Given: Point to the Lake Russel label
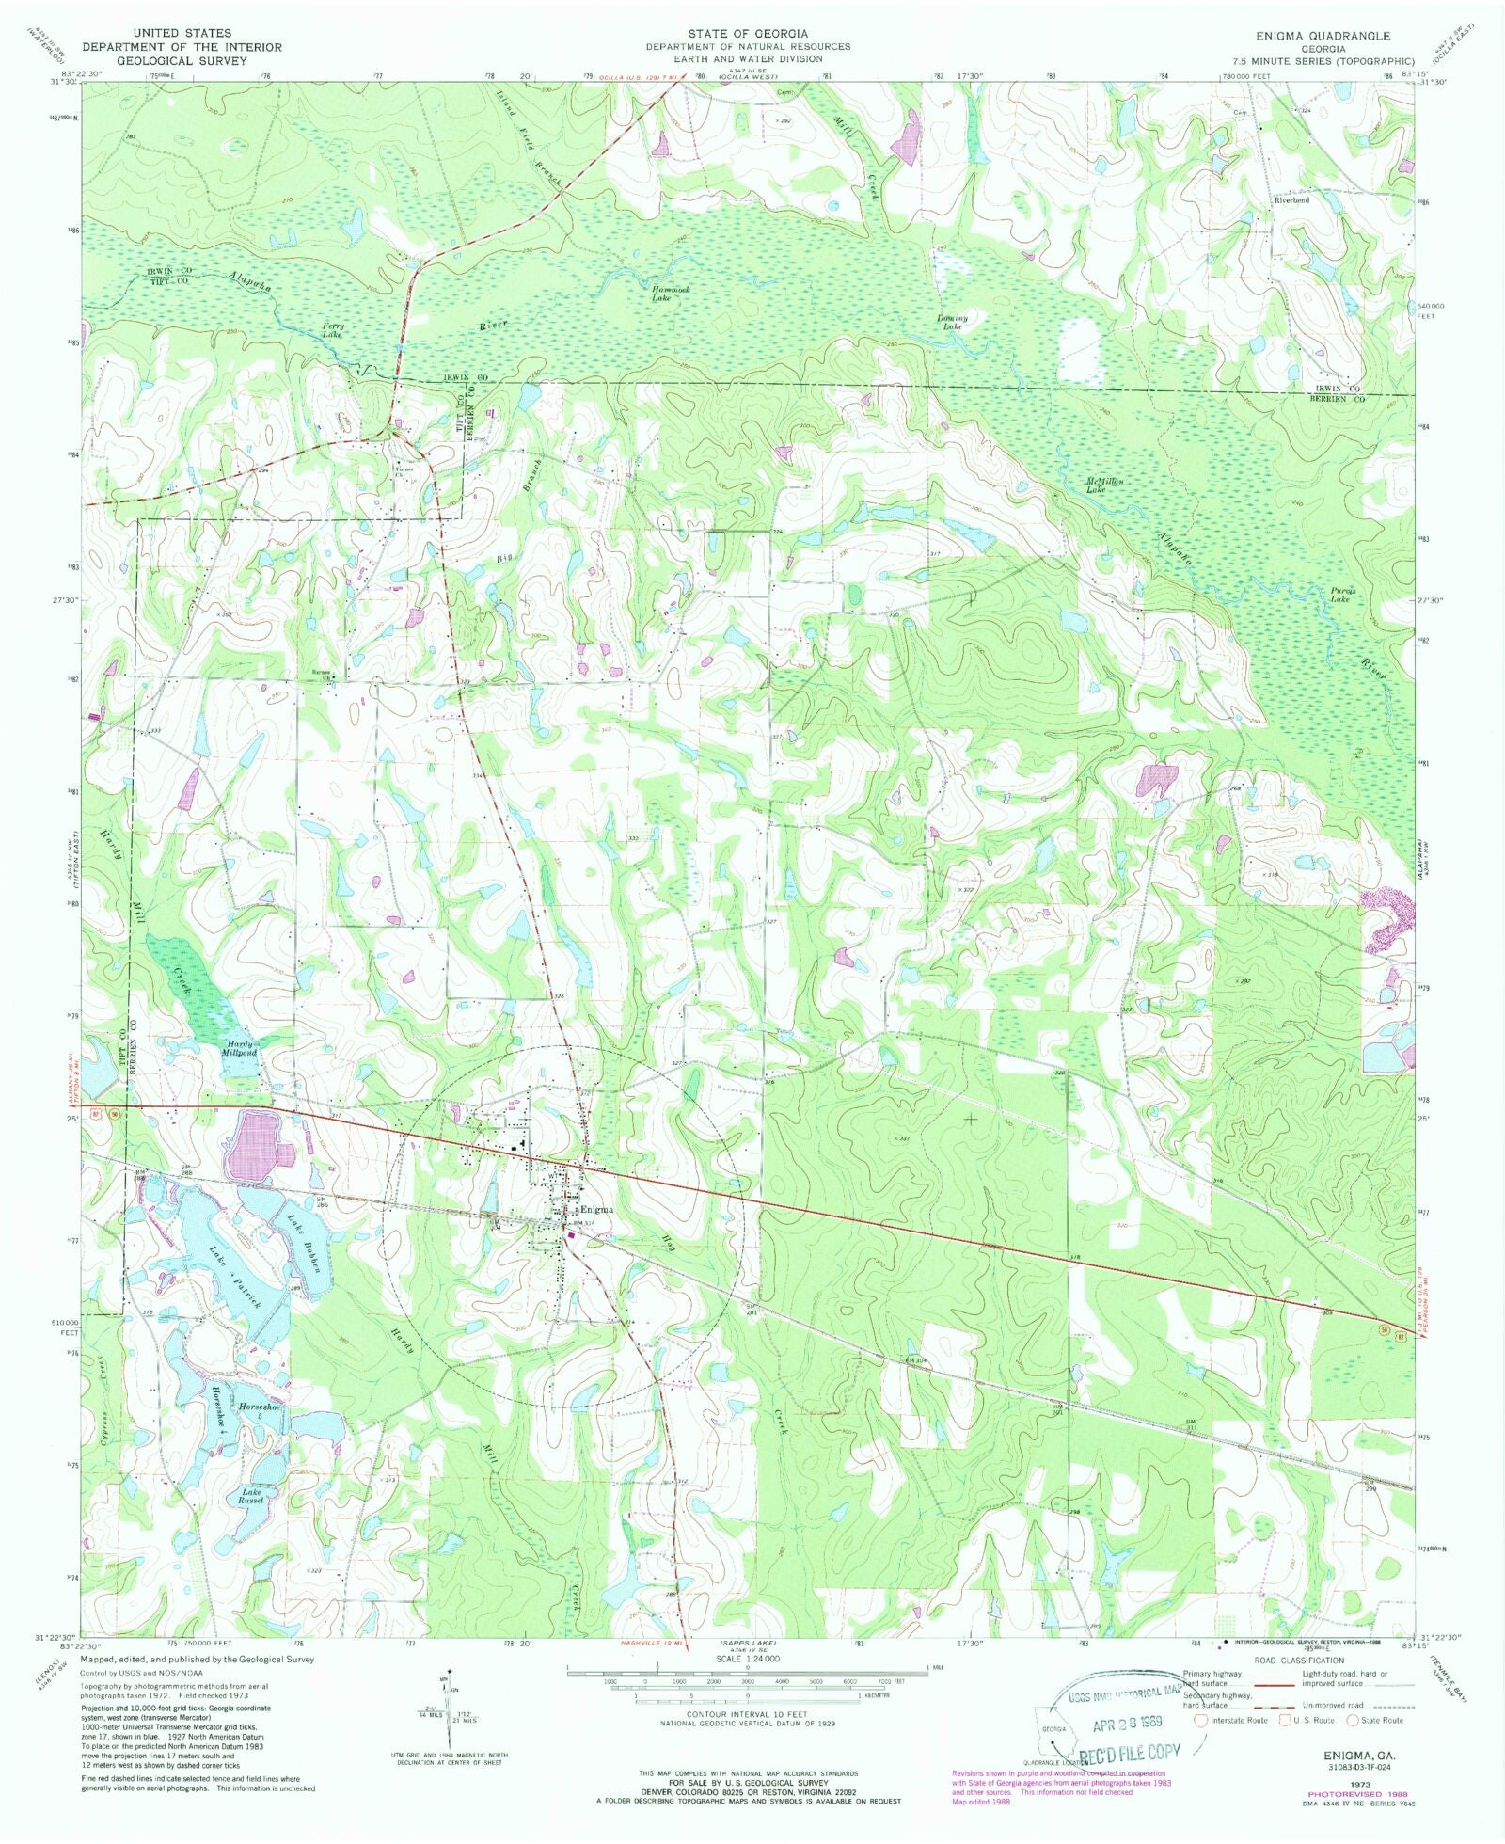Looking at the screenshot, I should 252,1496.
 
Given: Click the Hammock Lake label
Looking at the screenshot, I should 671,294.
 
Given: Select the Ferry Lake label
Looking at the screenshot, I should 333,330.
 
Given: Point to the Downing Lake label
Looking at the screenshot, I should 951,322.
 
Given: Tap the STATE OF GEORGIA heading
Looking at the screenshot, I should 748,34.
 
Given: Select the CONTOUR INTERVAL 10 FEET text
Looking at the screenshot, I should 748,1715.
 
